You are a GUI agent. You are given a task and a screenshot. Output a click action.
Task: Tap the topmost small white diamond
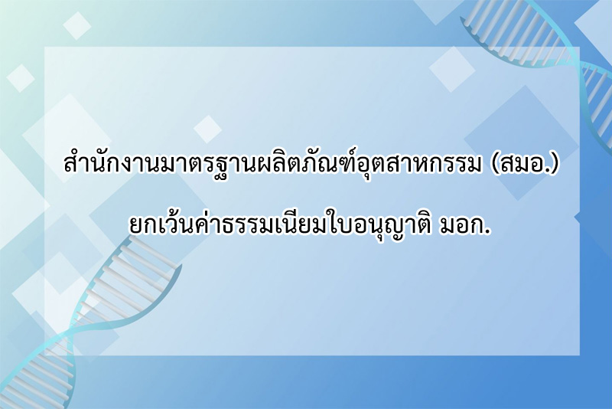click(x=77, y=26)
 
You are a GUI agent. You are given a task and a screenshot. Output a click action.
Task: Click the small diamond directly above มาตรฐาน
click(x=207, y=129)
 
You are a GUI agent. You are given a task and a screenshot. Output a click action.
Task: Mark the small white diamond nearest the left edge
click(x=21, y=78)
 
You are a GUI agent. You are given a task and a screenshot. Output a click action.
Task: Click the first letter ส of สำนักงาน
click(x=70, y=165)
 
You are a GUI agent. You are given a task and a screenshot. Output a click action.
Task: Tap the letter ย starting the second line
click(x=136, y=227)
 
